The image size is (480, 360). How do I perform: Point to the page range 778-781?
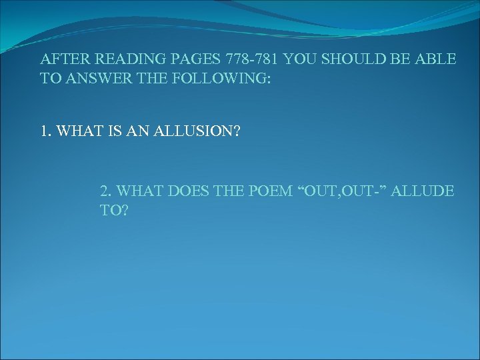pyautogui.click(x=247, y=59)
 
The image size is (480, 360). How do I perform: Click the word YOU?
pyautogui.click(x=300, y=59)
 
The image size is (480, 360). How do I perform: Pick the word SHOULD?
pyautogui.click(x=352, y=59)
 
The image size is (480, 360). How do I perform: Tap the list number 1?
pyautogui.click(x=45, y=131)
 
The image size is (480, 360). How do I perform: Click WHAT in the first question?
pyautogui.click(x=77, y=131)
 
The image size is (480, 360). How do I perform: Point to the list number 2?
pyautogui.click(x=105, y=191)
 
